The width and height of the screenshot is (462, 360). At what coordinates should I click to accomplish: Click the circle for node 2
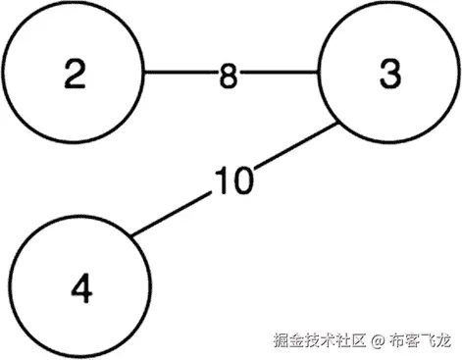pyautogui.click(x=74, y=73)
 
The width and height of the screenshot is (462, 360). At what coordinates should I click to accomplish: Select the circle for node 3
pyautogui.click(x=387, y=73)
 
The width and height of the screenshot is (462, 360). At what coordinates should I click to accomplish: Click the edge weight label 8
pyautogui.click(x=228, y=76)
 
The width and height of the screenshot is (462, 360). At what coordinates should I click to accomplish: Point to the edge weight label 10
pyautogui.click(x=234, y=180)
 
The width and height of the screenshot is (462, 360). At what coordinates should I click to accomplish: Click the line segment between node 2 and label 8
pyautogui.click(x=179, y=73)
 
